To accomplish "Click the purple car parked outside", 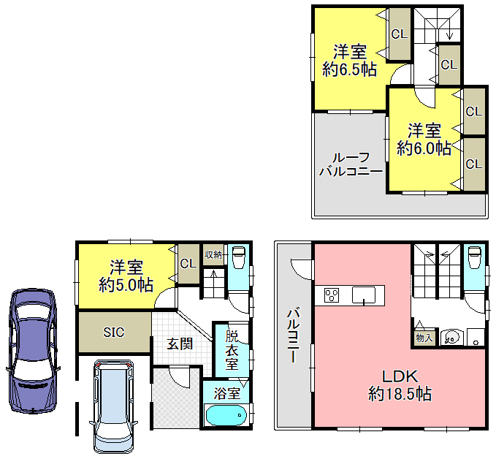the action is click(x=33, y=351).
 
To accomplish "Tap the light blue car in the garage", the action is click(x=113, y=406).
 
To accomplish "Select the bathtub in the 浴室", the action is click(x=226, y=414).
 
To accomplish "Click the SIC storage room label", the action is click(x=114, y=332).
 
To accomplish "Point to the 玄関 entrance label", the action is click(x=180, y=344).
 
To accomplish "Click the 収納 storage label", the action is click(x=213, y=254).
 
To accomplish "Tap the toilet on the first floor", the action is click(x=239, y=257).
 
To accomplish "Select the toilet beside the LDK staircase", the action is click(x=475, y=257).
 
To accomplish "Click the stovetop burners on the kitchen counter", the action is click(x=332, y=295).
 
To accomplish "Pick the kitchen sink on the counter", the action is click(x=364, y=295).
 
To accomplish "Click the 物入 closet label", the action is click(x=424, y=338).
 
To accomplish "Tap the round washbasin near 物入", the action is click(x=451, y=338).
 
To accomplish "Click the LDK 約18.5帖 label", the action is click(x=400, y=385).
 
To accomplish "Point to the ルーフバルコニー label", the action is click(x=351, y=164).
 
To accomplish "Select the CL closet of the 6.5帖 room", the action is click(x=400, y=34).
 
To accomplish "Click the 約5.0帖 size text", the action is click(x=126, y=285).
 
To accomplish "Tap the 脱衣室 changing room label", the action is click(x=232, y=350).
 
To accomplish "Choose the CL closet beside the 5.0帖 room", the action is click(x=188, y=264).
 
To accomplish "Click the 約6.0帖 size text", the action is click(x=424, y=148).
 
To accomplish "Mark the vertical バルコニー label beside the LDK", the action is click(x=293, y=335).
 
